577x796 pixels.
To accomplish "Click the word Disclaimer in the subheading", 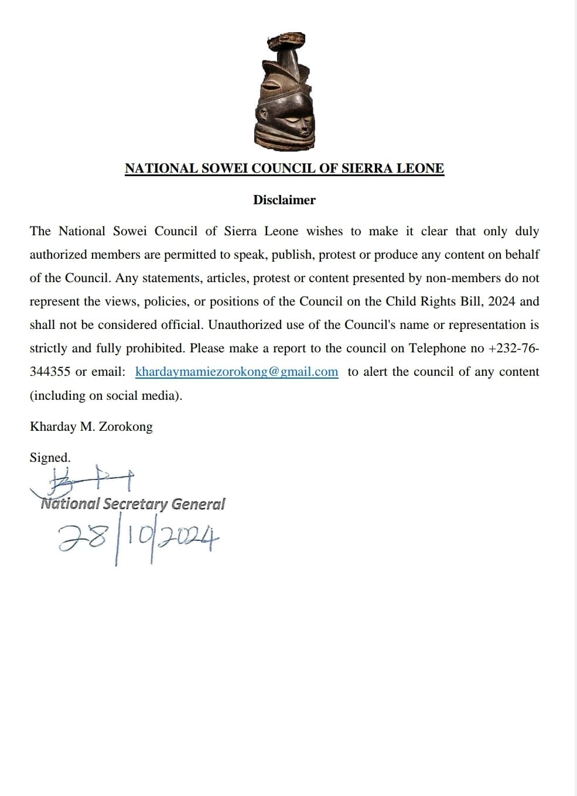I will click(x=284, y=200).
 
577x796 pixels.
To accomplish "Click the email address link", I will click(x=237, y=372).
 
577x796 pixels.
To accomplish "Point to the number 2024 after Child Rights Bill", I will click(x=501, y=302).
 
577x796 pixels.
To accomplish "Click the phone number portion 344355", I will click(x=50, y=372).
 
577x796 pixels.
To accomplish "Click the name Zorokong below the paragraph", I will click(x=125, y=427).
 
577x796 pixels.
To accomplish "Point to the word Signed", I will click(x=50, y=458).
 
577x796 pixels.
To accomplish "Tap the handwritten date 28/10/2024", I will click(x=138, y=538).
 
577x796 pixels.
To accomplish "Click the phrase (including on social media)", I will click(x=106, y=396).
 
